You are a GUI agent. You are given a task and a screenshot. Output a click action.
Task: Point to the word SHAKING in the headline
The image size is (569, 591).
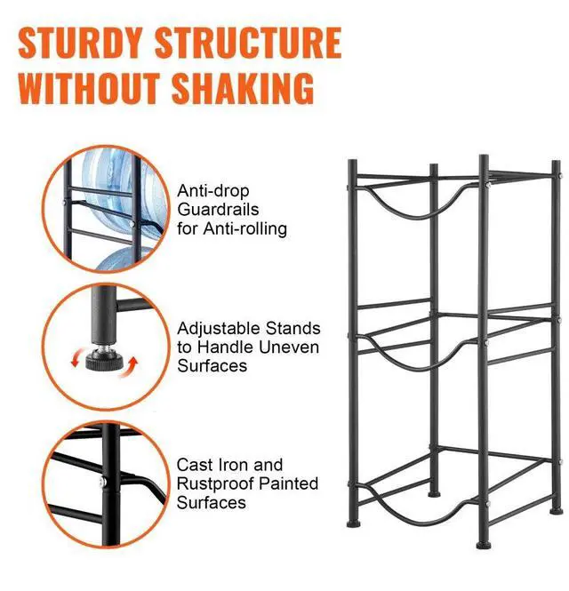249,89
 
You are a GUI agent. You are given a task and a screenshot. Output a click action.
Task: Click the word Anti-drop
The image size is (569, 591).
213,190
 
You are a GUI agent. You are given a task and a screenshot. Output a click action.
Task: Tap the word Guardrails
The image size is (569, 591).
219,210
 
